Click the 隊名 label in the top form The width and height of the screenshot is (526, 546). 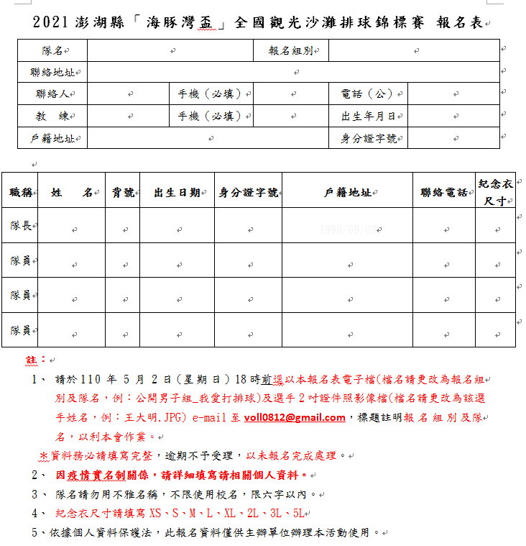[52, 50]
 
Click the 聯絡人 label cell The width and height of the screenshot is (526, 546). [51, 94]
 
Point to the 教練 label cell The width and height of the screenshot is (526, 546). [52, 116]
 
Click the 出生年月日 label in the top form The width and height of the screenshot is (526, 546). [368, 116]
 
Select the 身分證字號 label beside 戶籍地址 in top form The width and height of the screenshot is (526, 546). [368, 138]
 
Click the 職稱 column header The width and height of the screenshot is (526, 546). [20, 192]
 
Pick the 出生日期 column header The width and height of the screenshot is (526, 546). [176, 192]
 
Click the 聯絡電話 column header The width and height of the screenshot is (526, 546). [444, 192]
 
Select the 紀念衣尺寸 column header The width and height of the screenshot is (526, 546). [496, 191]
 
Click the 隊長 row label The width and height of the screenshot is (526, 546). [20, 226]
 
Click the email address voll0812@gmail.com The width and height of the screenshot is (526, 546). [294, 417]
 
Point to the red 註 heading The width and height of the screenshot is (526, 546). [35, 358]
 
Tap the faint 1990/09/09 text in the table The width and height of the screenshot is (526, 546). [347, 229]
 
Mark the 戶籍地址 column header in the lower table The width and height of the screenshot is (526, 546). [346, 192]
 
